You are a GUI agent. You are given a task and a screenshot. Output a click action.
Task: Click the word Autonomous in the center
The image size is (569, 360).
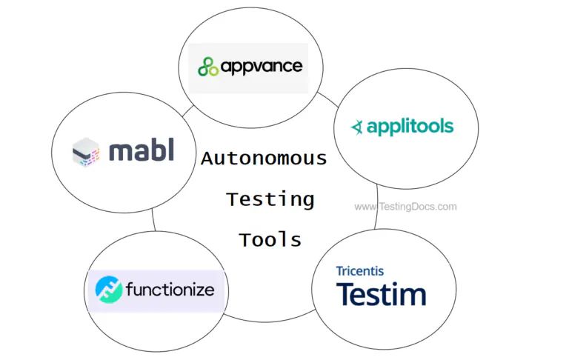pos(264,158)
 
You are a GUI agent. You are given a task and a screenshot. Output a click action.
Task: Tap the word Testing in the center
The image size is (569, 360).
pos(270,199)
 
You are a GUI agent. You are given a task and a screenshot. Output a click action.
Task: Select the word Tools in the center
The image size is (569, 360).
pos(270,239)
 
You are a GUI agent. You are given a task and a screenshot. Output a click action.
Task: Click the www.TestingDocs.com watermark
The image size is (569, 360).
pos(405,207)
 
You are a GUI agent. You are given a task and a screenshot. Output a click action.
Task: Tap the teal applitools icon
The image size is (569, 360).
pos(358,127)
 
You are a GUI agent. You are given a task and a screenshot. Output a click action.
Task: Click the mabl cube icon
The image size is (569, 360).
pos(86,151)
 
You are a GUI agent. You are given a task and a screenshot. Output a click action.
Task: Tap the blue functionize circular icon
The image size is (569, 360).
pos(108,289)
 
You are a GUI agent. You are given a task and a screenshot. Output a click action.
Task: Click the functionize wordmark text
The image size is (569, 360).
pos(170,289)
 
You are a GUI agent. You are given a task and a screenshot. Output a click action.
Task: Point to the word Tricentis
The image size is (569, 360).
pos(360,271)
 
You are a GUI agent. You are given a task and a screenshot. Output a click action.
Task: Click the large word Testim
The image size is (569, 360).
pos(382,294)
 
